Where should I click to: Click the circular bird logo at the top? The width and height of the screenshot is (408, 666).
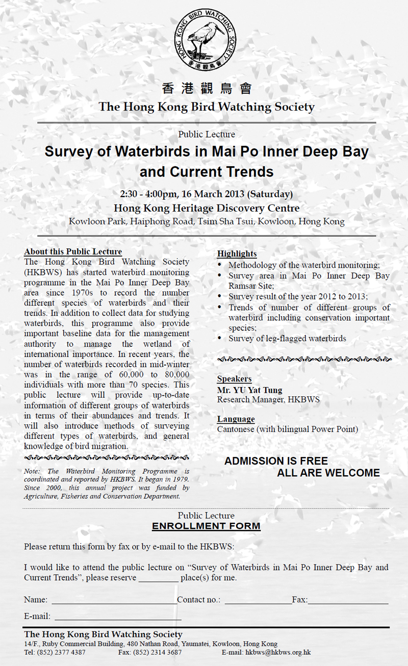[x=207, y=39]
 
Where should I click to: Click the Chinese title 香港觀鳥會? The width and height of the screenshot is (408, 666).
[x=207, y=89]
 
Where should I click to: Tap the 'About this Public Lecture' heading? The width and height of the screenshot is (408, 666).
[x=73, y=252]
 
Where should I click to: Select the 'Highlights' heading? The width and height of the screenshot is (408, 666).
[x=237, y=253]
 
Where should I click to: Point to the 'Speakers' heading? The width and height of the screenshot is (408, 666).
[x=234, y=379]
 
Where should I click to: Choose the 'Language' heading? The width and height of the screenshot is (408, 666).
[x=236, y=419]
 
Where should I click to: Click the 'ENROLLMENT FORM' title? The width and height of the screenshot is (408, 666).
[x=206, y=526]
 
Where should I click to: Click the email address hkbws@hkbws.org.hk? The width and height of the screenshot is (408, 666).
[x=278, y=652]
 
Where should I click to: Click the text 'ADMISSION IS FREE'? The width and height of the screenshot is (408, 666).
[x=276, y=461]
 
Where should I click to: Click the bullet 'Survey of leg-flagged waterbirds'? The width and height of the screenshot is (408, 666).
[x=287, y=338]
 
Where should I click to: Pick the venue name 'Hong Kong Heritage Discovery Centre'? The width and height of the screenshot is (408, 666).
[x=207, y=208]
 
